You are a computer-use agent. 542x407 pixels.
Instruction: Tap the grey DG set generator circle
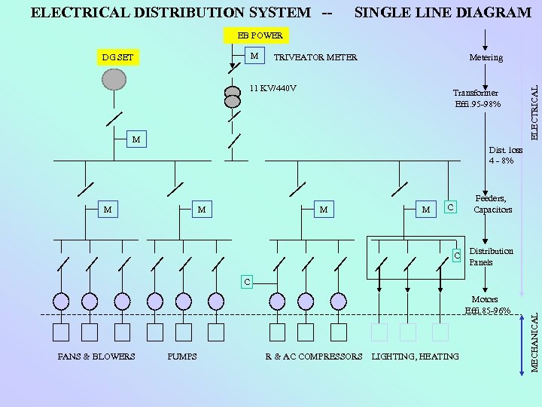[114, 79]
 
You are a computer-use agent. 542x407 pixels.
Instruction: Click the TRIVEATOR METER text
[315, 57]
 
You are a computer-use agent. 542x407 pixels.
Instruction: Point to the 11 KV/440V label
[273, 88]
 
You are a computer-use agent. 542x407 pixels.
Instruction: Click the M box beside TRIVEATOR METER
[254, 56]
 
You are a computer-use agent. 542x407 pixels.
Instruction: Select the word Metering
[486, 57]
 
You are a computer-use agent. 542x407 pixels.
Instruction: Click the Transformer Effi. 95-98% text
[476, 99]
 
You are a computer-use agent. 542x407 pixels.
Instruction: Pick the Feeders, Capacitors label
[492, 204]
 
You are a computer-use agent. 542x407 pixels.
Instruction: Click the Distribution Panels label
[491, 257]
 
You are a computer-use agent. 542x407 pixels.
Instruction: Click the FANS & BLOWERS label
[96, 357]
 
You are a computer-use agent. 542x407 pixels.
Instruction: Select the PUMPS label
[182, 357]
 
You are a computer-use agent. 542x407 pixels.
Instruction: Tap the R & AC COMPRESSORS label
[314, 357]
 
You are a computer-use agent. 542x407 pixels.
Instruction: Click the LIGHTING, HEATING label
[415, 357]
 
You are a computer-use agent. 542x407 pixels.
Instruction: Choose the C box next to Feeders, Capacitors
[449, 207]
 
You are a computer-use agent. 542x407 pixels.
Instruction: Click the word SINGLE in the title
[391, 13]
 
